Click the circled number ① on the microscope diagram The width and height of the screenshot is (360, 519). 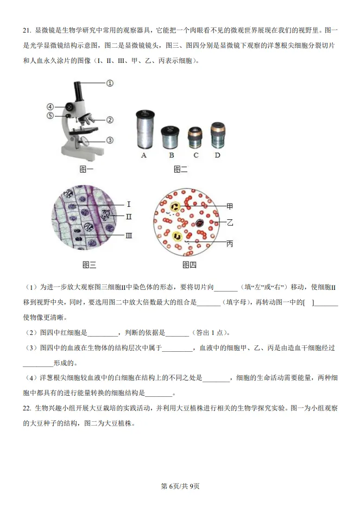tap(109, 83)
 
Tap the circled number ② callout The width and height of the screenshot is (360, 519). tap(109, 120)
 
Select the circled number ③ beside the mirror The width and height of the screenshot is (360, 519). tap(109, 140)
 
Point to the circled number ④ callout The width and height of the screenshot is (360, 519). tap(50, 107)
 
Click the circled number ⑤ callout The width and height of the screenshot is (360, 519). tap(50, 115)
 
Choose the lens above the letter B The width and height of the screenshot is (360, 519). tap(170, 136)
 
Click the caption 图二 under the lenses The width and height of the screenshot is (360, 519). tap(180, 169)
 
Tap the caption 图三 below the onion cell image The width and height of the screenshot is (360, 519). tap(89, 265)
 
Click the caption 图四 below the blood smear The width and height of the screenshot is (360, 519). tap(189, 265)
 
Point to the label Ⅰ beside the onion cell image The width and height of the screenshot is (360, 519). tap(129, 205)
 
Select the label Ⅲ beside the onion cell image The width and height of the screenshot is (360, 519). tap(129, 236)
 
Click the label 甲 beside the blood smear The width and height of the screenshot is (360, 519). tap(230, 206)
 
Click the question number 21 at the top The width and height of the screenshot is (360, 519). tap(28, 31)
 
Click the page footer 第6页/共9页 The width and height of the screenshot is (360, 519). tap(180, 486)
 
